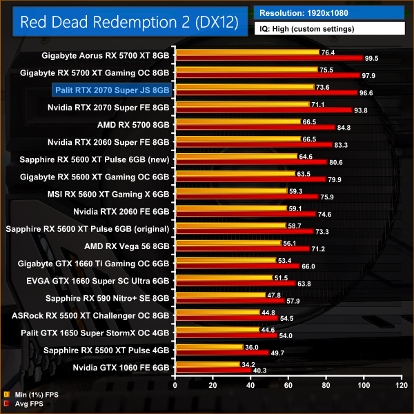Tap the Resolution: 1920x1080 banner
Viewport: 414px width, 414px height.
click(x=329, y=12)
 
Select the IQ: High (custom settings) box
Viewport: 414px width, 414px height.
click(x=329, y=29)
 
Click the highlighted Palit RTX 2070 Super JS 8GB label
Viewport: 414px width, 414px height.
click(x=112, y=90)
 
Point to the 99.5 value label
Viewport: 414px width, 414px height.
click(x=373, y=59)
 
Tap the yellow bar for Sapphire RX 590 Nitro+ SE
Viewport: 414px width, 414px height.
click(x=220, y=294)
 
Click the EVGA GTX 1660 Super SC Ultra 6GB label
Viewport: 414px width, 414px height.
click(x=106, y=281)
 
